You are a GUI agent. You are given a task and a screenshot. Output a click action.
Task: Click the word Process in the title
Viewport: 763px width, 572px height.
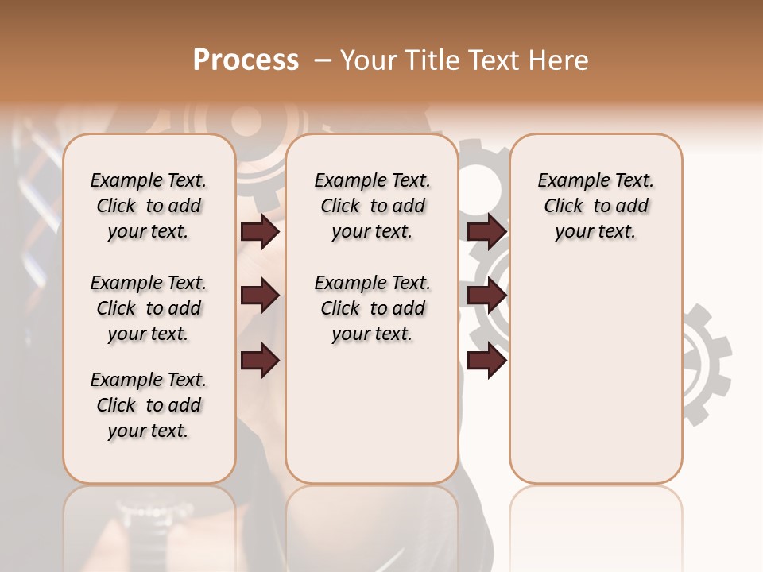click(x=246, y=60)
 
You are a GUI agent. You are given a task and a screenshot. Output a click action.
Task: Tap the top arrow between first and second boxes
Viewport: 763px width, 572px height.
click(x=260, y=232)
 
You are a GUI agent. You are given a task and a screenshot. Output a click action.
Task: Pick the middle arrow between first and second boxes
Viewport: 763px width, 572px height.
click(x=260, y=296)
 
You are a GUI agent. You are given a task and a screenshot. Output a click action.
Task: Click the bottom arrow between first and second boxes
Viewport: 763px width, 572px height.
click(x=260, y=361)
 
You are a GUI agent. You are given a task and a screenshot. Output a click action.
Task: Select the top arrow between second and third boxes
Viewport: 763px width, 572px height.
click(x=486, y=232)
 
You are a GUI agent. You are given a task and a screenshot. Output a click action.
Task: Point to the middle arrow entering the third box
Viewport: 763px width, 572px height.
click(x=486, y=296)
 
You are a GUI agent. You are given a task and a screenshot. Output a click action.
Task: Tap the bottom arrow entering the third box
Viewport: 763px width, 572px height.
click(x=486, y=361)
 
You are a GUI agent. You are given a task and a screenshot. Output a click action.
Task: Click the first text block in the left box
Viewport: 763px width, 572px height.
click(x=149, y=206)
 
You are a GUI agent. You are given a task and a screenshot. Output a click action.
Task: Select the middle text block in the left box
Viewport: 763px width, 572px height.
click(x=149, y=308)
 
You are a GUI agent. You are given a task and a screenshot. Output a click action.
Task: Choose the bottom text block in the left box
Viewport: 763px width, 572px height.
click(x=149, y=405)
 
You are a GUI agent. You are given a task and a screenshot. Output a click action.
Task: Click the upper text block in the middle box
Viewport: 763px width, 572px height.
click(x=372, y=206)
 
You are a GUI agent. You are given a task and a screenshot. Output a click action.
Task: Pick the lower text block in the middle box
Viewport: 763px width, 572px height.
click(x=372, y=308)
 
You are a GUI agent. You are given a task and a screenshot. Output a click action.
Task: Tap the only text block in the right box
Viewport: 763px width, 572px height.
click(x=595, y=206)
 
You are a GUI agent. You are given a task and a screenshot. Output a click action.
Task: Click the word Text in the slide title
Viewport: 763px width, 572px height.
click(x=492, y=60)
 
